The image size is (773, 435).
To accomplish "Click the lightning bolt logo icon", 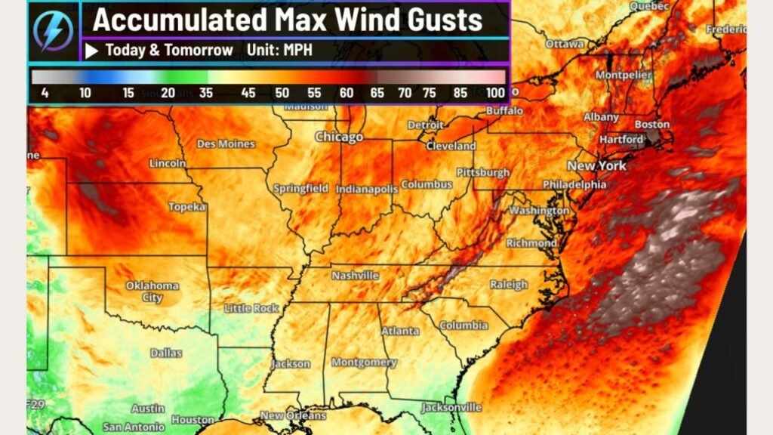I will click(54, 31).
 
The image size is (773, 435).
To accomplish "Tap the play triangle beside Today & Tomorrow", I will click(92, 51).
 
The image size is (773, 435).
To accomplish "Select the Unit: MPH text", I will click(279, 51).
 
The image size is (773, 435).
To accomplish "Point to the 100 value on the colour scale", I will click(495, 93).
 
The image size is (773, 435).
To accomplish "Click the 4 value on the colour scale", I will click(46, 93).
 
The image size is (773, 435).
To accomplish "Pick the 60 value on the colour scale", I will click(346, 93).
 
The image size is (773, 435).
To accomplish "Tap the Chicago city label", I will click(339, 137).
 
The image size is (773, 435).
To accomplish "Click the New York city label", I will click(596, 165).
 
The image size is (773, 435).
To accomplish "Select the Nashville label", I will click(355, 276).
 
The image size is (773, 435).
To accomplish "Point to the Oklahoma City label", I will click(152, 292).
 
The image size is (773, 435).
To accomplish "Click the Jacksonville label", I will click(451, 407).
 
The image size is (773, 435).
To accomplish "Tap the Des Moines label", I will click(226, 143).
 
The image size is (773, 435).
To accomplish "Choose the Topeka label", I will click(186, 206).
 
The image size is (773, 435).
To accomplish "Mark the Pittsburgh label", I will click(483, 172).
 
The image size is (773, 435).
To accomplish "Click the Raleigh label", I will click(509, 285).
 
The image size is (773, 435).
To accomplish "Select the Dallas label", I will click(165, 353).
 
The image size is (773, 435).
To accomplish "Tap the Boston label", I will click(652, 124).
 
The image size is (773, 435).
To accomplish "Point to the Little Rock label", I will click(251, 308).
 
